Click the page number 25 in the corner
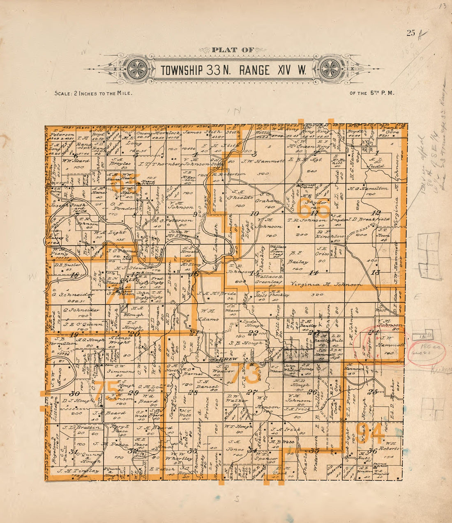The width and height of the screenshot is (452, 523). click(411, 34)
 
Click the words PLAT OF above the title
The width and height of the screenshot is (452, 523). click(230, 50)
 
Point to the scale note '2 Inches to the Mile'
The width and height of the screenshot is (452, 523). click(93, 94)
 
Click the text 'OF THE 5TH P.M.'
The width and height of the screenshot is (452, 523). click(372, 93)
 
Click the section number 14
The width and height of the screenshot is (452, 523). click(314, 273)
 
